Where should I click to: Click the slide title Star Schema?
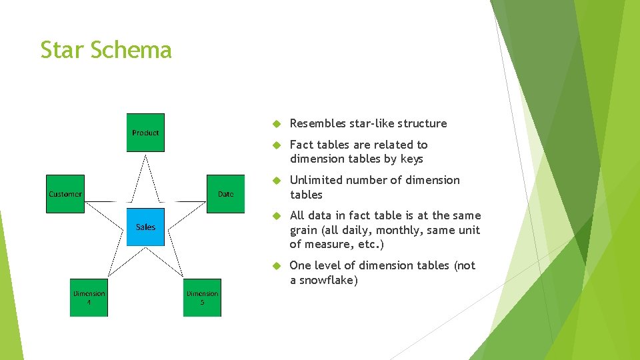click(x=106, y=50)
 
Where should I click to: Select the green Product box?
click(x=145, y=133)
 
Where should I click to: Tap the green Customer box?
click(x=65, y=194)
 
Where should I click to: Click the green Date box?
click(x=225, y=194)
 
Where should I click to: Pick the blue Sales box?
click(x=145, y=227)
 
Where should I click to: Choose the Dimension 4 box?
click(x=89, y=297)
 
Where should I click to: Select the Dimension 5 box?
click(x=202, y=297)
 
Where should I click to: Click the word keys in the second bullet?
click(x=412, y=159)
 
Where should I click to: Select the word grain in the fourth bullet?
click(x=304, y=230)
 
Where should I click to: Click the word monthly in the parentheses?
click(x=395, y=230)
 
